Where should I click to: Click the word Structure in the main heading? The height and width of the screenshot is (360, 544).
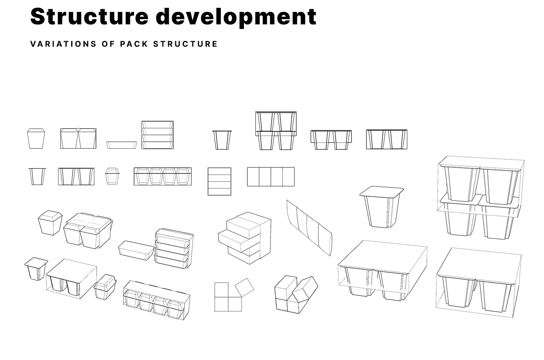(89, 16)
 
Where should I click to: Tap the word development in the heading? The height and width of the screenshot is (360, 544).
(236, 17)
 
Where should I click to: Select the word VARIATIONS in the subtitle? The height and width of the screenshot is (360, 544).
(63, 44)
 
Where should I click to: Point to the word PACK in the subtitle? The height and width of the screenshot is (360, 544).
(134, 44)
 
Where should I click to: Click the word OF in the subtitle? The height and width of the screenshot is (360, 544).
(108, 44)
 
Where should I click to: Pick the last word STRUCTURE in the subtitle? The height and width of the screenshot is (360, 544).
(185, 44)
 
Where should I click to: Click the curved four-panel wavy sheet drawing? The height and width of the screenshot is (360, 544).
(309, 228)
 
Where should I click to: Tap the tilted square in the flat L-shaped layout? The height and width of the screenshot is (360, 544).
(244, 288)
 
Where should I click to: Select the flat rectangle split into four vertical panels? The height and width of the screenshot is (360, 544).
(271, 177)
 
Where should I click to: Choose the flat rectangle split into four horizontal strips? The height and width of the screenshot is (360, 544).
(219, 181)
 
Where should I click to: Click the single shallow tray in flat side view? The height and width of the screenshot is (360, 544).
(121, 145)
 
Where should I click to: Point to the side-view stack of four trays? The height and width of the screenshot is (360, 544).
(158, 135)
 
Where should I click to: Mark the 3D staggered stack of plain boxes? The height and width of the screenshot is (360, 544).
(245, 238)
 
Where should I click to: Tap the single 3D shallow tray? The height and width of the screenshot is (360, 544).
(136, 250)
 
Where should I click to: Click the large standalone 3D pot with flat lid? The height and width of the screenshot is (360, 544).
(381, 207)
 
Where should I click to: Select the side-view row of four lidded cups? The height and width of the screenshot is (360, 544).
(163, 176)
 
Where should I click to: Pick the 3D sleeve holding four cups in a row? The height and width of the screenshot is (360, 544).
(156, 300)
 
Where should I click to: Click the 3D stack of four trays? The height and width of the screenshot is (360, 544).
(174, 248)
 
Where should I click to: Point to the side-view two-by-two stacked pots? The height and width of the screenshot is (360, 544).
(276, 131)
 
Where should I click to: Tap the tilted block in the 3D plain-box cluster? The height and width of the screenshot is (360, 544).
(305, 288)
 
